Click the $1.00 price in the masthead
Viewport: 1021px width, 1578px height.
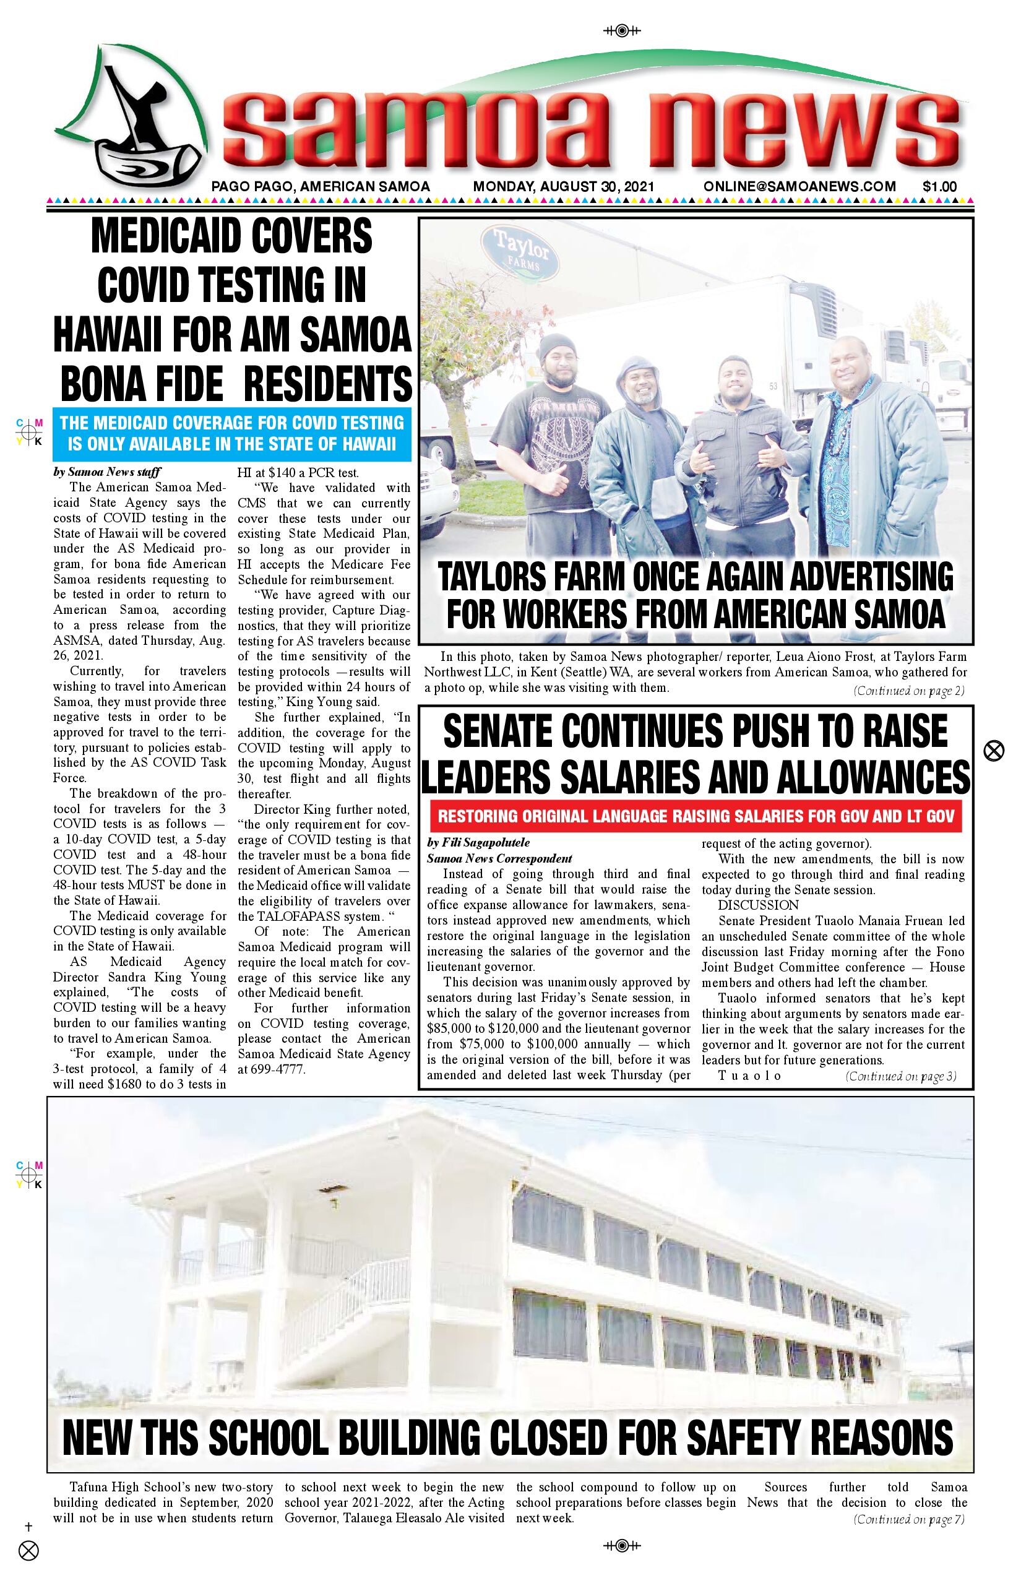tap(939, 187)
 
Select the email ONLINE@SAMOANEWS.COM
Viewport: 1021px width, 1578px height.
tap(799, 187)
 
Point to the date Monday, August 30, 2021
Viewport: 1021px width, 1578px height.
tap(563, 187)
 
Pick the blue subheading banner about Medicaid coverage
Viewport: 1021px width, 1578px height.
tap(232, 433)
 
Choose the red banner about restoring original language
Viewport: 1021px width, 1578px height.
tap(696, 816)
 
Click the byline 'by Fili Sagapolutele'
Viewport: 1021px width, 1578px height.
tap(478, 843)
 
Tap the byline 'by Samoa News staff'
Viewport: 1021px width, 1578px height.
tap(108, 473)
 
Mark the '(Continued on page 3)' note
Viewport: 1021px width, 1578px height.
tap(900, 1076)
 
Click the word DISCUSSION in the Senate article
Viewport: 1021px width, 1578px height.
tap(759, 905)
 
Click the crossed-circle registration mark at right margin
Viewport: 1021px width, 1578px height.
tap(993, 751)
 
